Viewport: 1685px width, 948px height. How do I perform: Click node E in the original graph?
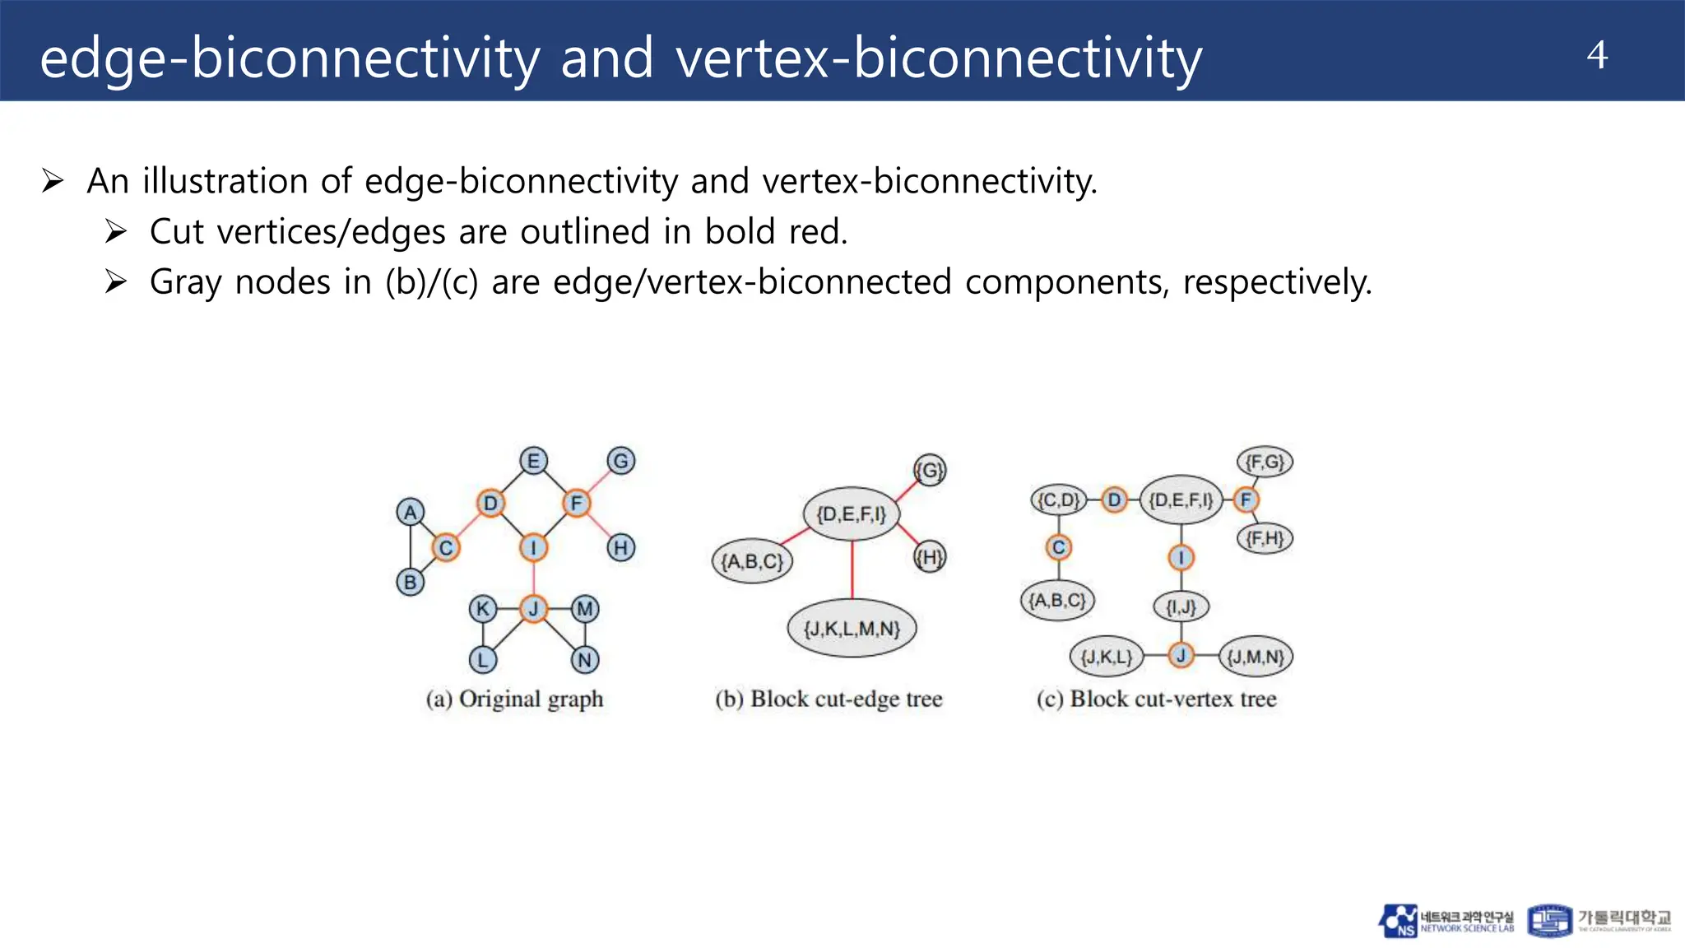533,461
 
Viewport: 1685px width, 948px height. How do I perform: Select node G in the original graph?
621,461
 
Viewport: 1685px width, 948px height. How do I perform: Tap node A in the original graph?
410,512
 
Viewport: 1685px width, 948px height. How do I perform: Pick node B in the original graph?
410,583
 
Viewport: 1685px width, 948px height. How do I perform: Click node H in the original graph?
621,547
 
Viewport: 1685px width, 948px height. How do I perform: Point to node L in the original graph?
483,659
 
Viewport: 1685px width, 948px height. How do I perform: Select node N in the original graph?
585,659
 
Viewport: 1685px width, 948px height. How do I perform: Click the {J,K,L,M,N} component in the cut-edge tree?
852,629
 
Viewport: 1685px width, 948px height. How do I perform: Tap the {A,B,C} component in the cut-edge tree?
752,561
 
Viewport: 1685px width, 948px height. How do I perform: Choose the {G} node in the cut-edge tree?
930,470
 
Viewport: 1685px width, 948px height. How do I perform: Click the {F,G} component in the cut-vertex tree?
1265,462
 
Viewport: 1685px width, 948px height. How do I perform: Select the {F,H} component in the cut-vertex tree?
1265,539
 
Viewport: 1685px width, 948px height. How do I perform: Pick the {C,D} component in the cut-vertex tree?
1058,500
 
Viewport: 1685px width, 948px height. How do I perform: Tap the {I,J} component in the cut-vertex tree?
1181,607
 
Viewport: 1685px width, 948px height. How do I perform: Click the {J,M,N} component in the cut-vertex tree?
1256,657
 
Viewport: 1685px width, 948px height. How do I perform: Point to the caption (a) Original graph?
514,699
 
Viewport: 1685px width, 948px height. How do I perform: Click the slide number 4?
1597,55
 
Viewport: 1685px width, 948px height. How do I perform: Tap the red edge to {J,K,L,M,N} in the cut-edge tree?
852,569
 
